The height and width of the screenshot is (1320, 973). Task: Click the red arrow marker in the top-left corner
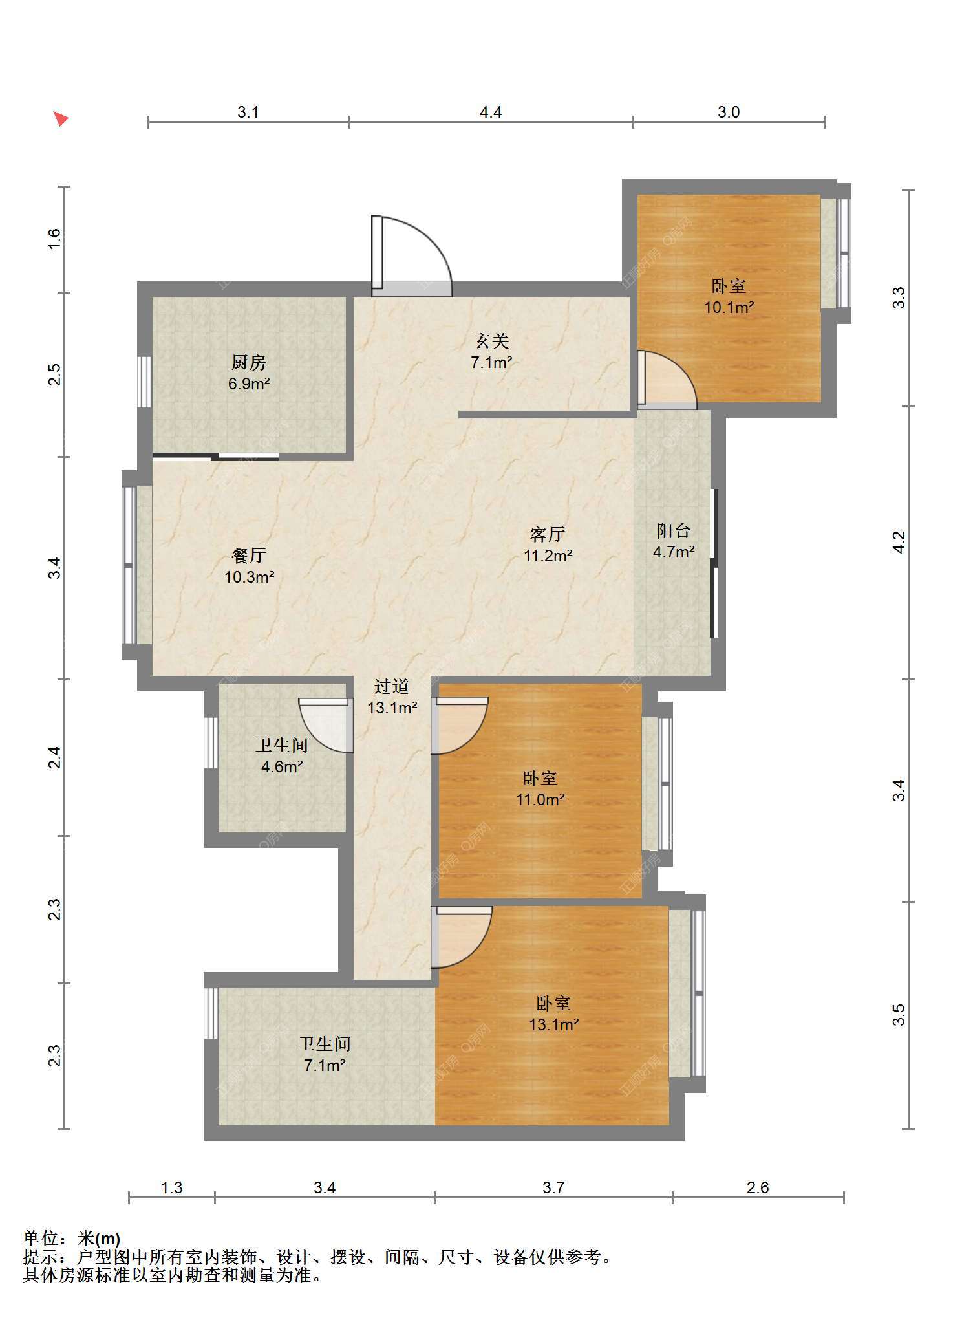(61, 118)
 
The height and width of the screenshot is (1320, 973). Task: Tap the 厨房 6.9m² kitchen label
(249, 373)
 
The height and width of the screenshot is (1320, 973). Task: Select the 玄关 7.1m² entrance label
(491, 351)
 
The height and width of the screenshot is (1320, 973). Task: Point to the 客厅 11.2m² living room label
(548, 545)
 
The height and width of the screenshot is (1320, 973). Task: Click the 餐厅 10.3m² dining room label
(249, 566)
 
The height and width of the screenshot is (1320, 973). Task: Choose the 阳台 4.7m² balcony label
(674, 541)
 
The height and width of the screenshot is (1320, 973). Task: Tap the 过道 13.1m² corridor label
(392, 697)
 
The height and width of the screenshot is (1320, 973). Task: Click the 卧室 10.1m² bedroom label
(729, 296)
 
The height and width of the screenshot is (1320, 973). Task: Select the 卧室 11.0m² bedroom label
(540, 788)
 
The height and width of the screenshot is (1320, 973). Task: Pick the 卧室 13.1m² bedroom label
(553, 1013)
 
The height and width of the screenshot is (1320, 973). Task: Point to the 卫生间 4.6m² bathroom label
(281, 755)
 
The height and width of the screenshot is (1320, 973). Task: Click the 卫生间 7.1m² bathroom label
(325, 1054)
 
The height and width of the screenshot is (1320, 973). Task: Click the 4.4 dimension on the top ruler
(491, 112)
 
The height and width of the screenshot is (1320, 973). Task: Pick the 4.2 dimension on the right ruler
(899, 542)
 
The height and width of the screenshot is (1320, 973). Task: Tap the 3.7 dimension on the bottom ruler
(553, 1187)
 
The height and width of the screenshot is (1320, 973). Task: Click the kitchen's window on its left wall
(145, 382)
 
